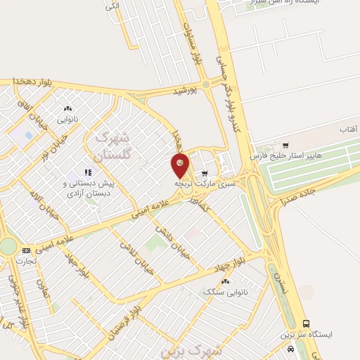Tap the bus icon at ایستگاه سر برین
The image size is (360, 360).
[x=306, y=323]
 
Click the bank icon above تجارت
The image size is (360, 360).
[x=27, y=250]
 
